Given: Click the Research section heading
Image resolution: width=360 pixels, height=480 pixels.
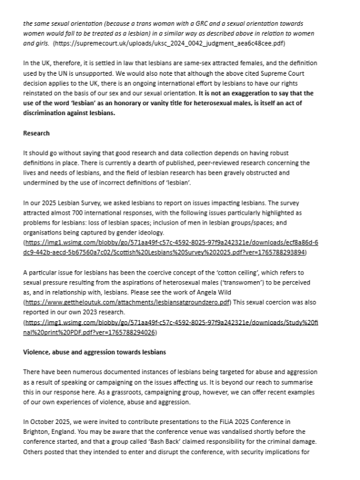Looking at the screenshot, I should click(x=36, y=133).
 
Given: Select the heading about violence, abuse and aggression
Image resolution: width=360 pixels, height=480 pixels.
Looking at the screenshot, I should click(x=104, y=352).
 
